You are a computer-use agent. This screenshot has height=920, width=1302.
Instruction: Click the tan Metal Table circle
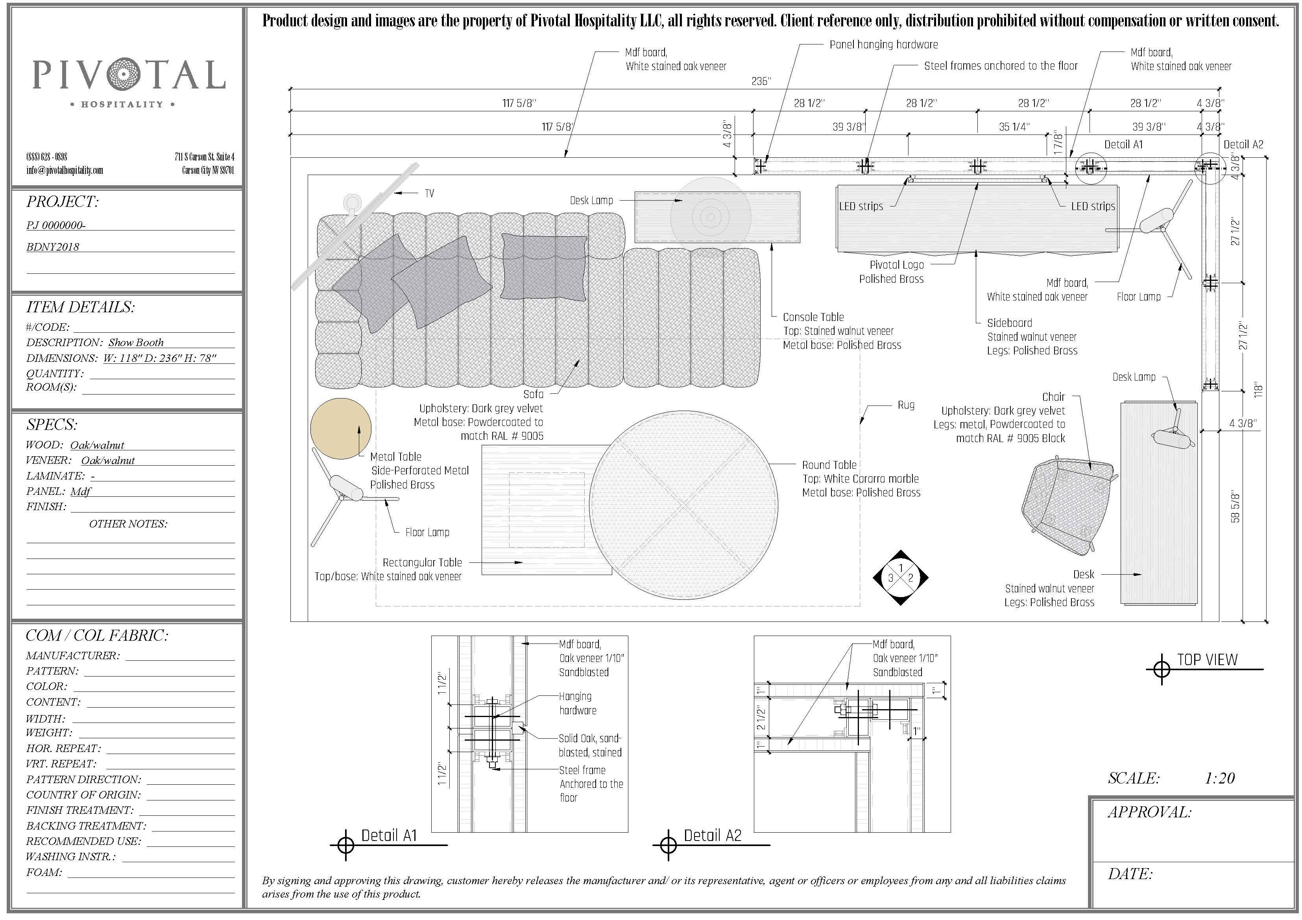pos(341,428)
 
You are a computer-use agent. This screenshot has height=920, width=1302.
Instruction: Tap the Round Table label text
pos(829,465)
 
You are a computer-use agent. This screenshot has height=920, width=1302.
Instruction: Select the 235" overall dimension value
pos(761,82)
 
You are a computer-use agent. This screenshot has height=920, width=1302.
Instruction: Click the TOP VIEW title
pos(1207,660)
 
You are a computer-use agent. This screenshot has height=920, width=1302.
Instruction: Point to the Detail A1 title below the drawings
pos(389,835)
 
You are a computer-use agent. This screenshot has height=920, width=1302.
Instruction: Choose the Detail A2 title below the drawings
pos(712,835)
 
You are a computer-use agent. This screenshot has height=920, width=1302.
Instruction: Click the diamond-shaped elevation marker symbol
pos(901,578)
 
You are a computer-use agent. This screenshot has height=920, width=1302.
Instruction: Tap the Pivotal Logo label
pos(897,265)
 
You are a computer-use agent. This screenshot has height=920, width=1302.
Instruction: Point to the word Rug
pos(906,405)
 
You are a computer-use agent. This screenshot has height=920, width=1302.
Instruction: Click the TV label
pos(429,193)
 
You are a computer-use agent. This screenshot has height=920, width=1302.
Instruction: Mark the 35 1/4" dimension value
pos(1014,127)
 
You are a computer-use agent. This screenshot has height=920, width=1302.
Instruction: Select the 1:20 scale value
pos(1220,778)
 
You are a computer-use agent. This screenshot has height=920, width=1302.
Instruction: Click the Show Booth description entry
pos(136,342)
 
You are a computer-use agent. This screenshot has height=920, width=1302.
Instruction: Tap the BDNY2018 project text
pos(53,247)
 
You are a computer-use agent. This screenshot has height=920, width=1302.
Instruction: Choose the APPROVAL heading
pos(1149,812)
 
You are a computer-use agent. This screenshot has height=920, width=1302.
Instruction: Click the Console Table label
pos(813,317)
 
